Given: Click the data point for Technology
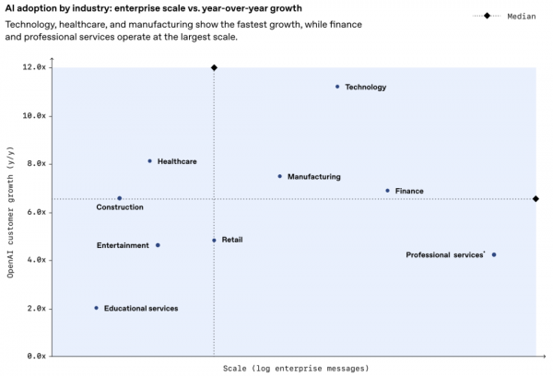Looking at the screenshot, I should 337,87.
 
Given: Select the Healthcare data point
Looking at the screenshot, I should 150,161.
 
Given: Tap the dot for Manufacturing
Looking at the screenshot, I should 280,176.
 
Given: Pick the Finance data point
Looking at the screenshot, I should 387,191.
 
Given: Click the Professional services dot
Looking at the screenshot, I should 494,254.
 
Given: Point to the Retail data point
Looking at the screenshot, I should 214,241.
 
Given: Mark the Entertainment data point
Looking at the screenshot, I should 158,245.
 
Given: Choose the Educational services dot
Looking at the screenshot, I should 96,308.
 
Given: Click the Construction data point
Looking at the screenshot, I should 119,198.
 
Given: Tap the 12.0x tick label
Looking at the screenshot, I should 36,67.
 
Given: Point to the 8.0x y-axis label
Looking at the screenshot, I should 38,164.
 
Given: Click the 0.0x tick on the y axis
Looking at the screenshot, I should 38,356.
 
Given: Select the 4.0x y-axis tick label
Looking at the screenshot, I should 38,260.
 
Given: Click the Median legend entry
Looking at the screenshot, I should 503,16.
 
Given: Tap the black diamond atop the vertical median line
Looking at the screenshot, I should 214,67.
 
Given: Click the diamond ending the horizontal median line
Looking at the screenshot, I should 536,199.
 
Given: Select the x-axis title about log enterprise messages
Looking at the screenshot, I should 296,368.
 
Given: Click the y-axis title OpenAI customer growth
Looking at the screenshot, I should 11,211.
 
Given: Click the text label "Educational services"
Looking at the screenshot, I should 141,308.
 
